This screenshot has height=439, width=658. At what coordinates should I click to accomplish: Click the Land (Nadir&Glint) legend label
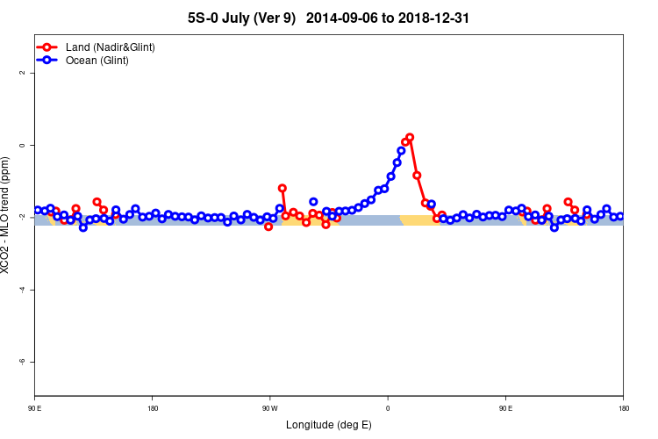click(x=111, y=47)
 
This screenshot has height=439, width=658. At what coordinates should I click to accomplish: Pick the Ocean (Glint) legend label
click(x=97, y=61)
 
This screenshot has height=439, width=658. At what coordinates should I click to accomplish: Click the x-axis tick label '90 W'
click(x=269, y=408)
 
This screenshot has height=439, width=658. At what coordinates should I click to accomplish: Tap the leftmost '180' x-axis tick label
click(x=153, y=408)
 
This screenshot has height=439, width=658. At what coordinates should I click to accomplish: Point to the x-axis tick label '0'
click(x=388, y=408)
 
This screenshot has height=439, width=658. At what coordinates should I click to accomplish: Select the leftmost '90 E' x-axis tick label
click(x=35, y=408)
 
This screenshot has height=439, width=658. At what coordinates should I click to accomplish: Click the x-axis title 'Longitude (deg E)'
click(x=329, y=426)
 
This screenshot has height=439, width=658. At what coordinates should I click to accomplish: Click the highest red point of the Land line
click(x=410, y=137)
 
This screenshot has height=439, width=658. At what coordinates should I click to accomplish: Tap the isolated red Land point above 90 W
click(x=282, y=188)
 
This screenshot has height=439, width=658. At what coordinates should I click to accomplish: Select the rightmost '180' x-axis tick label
click(x=623, y=408)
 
